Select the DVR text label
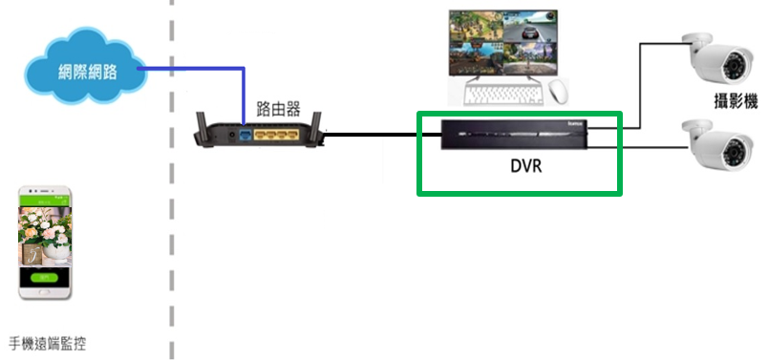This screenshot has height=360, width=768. pyautogui.click(x=520, y=166)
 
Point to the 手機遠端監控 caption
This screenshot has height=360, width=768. pyautogui.click(x=53, y=343)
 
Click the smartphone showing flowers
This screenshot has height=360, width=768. pyautogui.click(x=46, y=243)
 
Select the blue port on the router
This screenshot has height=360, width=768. pyautogui.click(x=245, y=136)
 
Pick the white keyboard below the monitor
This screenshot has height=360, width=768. pyautogui.click(x=502, y=95)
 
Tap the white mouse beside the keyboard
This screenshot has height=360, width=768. pyautogui.click(x=558, y=92)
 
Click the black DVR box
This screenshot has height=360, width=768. pyautogui.click(x=515, y=135)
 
